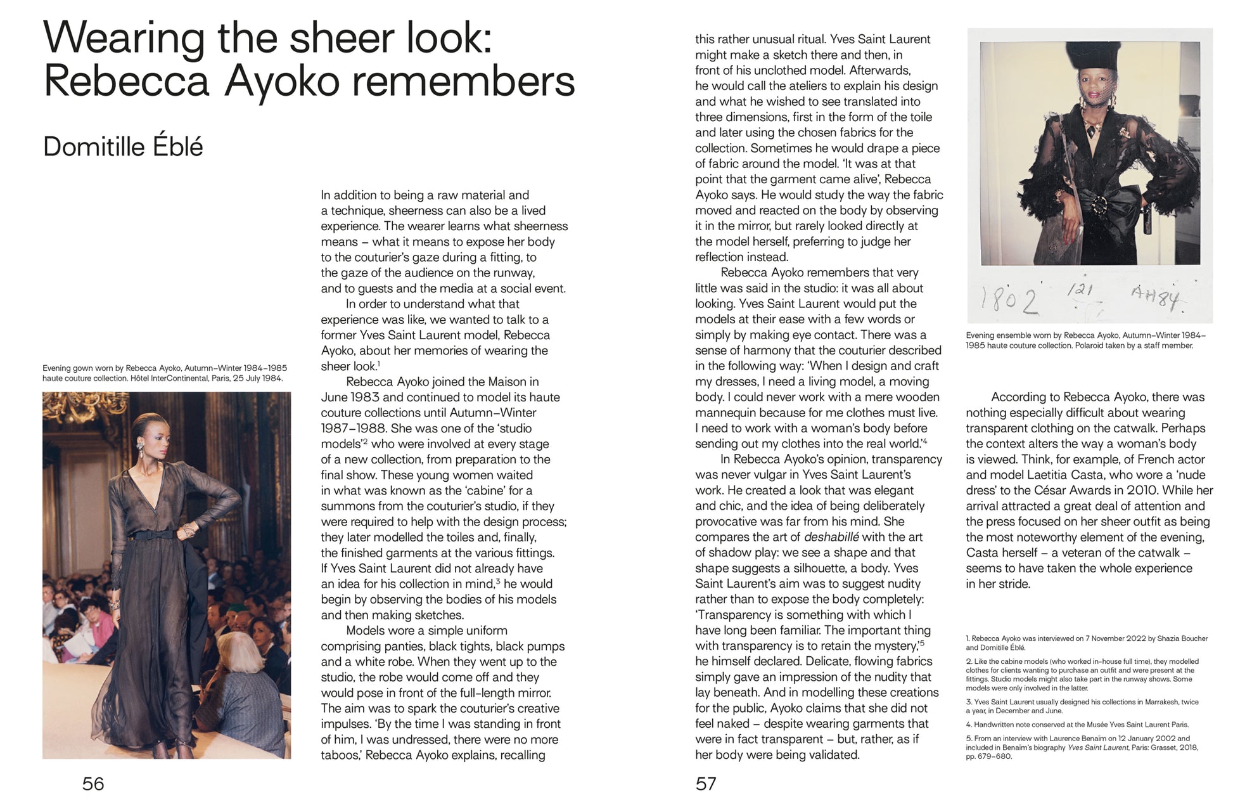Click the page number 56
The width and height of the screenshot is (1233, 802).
93,784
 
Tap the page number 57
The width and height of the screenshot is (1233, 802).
706,784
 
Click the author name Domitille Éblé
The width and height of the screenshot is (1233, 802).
123,147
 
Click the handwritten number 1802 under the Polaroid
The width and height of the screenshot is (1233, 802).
1010,300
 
